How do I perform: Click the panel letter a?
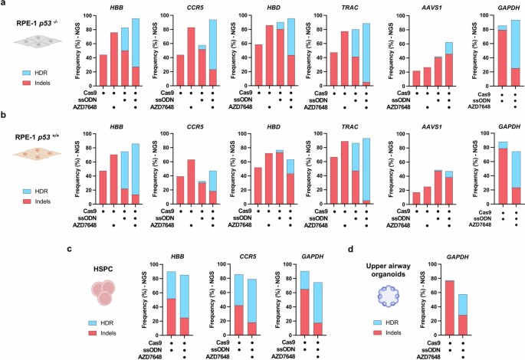4,5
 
